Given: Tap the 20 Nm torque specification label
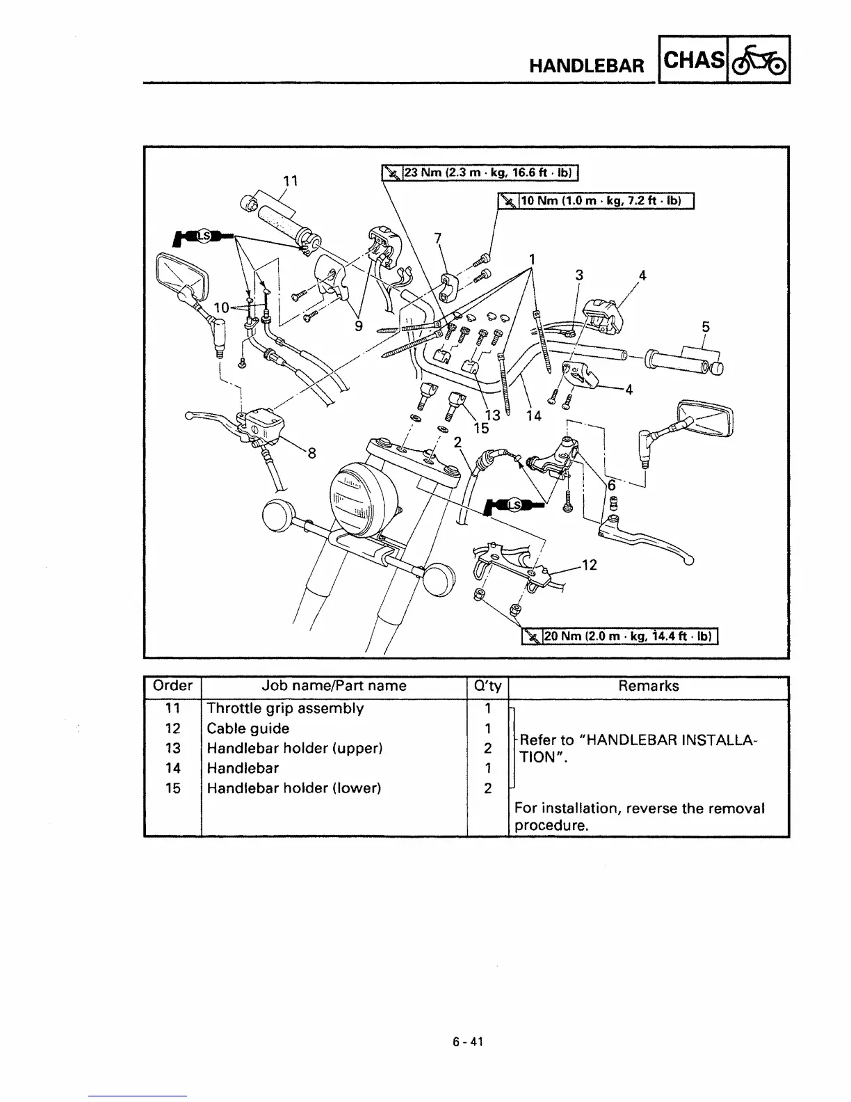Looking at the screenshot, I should click(621, 635).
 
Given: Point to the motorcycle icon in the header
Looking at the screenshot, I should click(759, 60).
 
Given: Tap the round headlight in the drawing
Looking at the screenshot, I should click(365, 495).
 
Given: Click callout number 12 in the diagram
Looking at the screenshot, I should click(589, 566).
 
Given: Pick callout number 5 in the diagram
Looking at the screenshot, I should click(706, 326).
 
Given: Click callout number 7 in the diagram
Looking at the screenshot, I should click(437, 238).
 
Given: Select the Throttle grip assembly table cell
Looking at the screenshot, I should click(285, 708).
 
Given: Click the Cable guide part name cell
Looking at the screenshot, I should click(248, 728).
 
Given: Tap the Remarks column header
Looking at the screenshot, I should click(648, 686).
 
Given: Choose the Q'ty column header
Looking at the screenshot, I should click(487, 686).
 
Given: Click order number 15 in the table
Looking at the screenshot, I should click(172, 788).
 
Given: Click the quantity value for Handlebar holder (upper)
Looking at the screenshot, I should click(487, 749).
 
